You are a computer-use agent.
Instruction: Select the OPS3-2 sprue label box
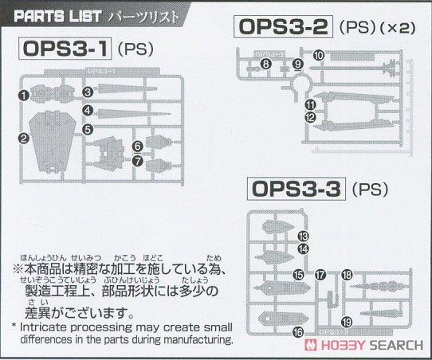285,27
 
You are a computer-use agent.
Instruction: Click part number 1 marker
25,95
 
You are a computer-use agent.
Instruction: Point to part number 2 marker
25,139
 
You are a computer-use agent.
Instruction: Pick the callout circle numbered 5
87,128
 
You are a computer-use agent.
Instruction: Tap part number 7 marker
138,160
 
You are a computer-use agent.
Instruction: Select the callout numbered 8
265,63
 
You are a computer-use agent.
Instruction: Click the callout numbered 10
318,55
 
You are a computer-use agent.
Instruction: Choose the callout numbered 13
303,237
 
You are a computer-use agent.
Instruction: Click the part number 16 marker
298,332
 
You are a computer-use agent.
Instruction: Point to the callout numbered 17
320,275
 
